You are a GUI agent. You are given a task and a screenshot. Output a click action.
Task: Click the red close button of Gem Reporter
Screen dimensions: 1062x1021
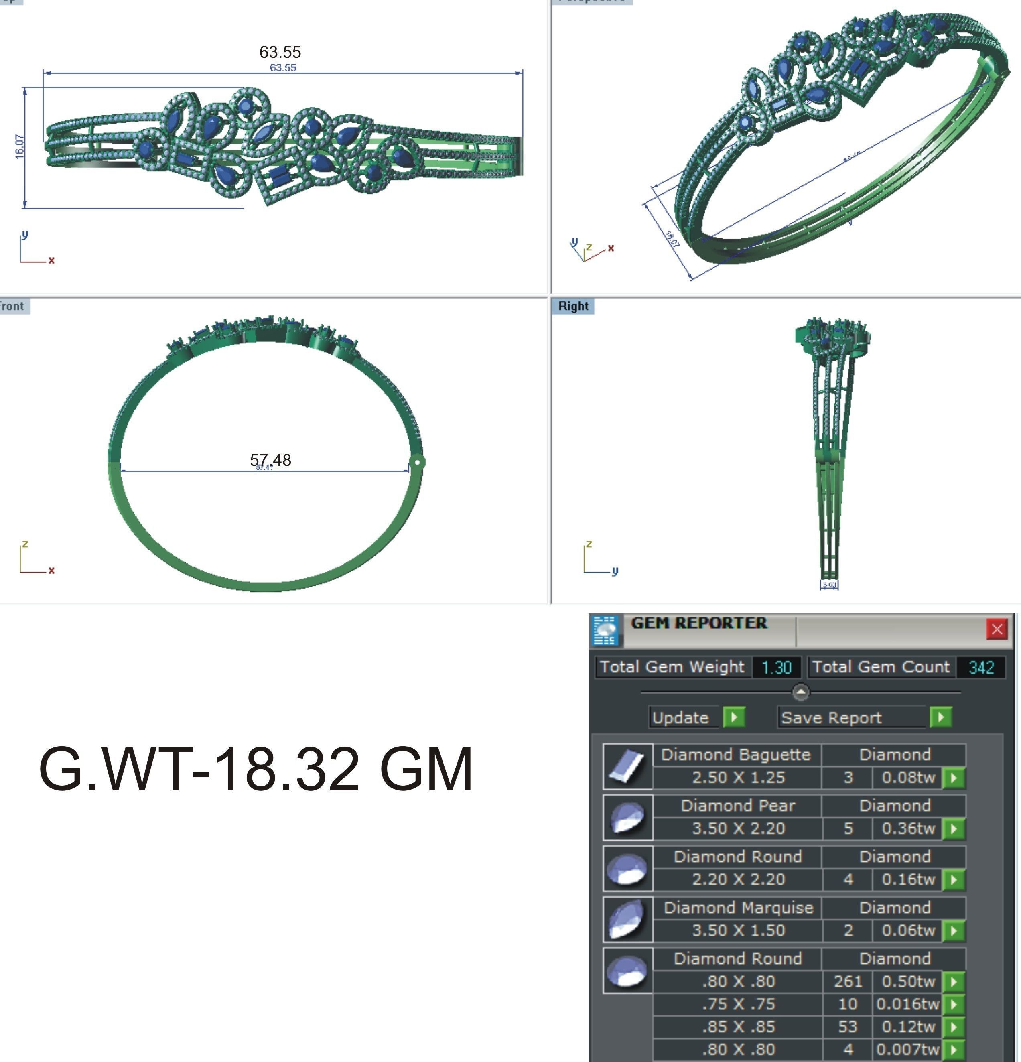click(x=996, y=629)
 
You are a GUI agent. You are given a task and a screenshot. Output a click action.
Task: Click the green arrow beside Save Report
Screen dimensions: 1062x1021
click(x=941, y=717)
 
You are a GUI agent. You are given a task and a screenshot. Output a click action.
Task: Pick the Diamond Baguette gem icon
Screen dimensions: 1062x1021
click(x=627, y=767)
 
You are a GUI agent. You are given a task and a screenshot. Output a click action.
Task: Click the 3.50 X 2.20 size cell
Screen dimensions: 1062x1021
click(x=738, y=828)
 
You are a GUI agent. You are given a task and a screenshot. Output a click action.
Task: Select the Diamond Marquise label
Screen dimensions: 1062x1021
click(x=738, y=908)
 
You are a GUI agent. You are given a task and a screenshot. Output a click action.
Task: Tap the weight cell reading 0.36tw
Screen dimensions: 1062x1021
click(x=908, y=828)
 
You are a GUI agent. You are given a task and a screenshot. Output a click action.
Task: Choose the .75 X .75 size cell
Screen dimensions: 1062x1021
click(x=738, y=1004)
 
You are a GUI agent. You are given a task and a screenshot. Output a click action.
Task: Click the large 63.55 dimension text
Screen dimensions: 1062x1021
click(x=280, y=52)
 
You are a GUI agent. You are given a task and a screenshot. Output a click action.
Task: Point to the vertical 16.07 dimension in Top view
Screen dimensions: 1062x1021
click(x=20, y=147)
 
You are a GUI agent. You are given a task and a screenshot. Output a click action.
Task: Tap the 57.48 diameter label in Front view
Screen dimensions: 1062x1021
click(x=270, y=460)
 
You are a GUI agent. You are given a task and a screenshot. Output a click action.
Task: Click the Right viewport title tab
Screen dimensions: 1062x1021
click(x=573, y=306)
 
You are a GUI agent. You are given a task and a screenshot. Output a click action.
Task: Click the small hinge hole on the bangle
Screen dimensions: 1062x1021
click(x=417, y=462)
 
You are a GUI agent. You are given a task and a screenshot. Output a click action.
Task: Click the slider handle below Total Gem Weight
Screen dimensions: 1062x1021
click(x=800, y=692)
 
